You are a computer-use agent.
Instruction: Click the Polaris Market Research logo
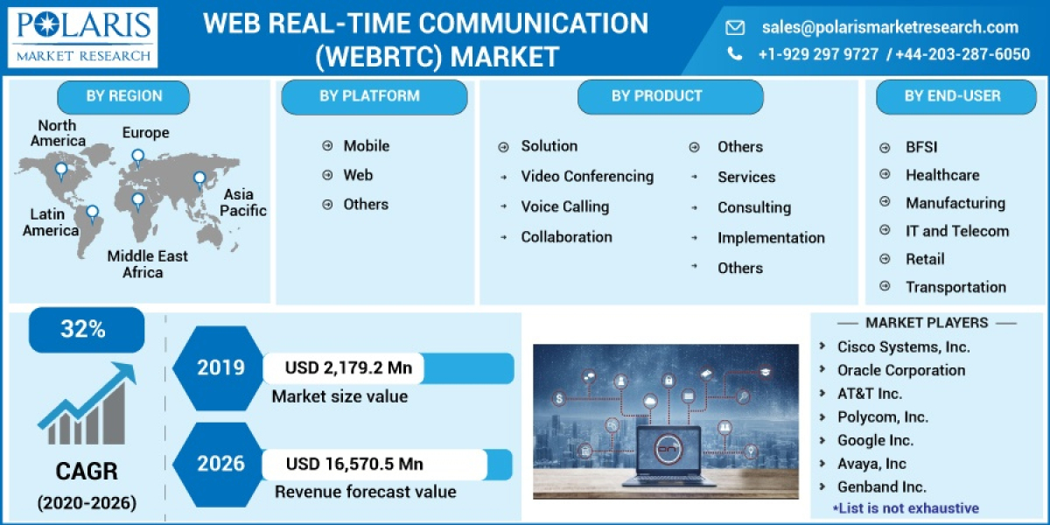tap(84, 38)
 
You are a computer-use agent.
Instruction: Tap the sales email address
tap(890, 27)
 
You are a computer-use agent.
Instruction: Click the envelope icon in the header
tap(735, 28)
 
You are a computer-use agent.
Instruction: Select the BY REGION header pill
tap(123, 96)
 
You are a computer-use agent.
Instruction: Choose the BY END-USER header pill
tap(952, 96)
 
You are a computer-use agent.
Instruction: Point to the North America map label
tap(58, 133)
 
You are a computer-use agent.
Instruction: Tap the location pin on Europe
tap(137, 157)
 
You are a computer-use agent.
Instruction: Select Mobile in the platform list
tap(366, 146)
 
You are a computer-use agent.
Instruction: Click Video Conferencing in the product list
tap(587, 177)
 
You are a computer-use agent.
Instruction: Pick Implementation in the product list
tap(771, 238)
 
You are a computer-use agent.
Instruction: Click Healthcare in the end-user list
tap(942, 175)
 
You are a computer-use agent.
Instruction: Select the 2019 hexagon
tap(220, 367)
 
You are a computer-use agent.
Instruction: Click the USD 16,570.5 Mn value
tap(354, 464)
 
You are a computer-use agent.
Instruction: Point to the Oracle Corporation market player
tap(901, 370)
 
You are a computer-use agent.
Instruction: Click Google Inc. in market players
tap(875, 440)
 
